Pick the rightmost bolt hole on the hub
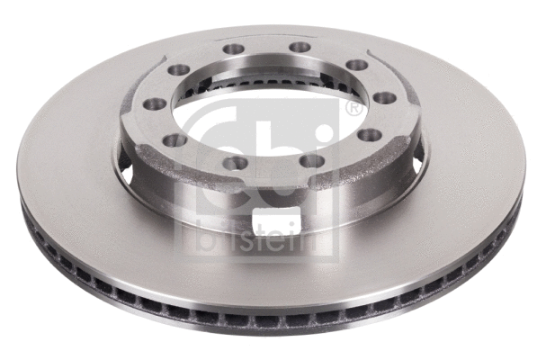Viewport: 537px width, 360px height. (x=385, y=97)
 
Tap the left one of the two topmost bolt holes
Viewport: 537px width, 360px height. (x=234, y=49)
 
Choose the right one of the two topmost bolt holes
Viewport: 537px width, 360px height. (x=300, y=47)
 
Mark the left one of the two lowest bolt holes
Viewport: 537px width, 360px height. (x=236, y=163)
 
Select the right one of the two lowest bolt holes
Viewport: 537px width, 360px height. (x=311, y=160)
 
